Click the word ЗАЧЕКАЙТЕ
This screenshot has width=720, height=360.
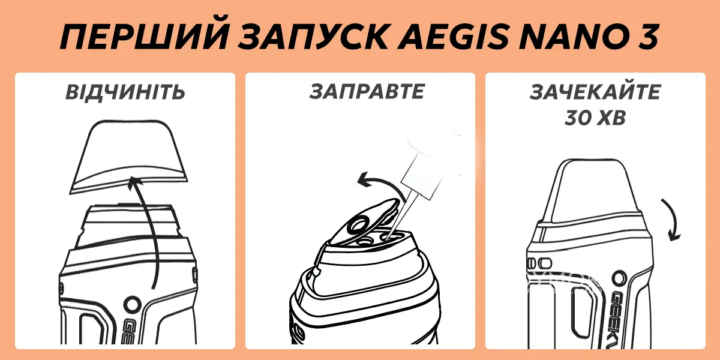[x=595, y=93]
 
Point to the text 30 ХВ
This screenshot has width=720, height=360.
[x=595, y=118]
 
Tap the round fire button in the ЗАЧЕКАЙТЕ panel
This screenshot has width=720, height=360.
[x=618, y=279]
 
